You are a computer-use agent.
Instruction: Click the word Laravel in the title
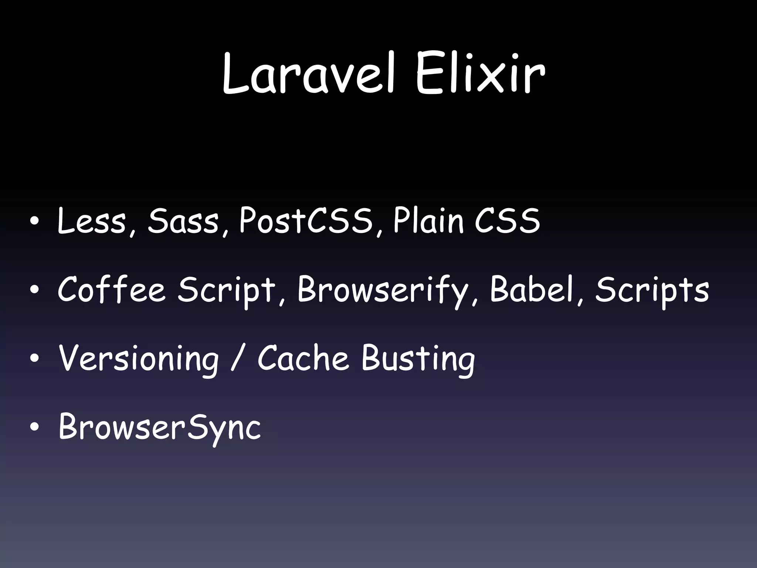tap(309, 74)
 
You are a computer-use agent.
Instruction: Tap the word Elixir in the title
tap(480, 74)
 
